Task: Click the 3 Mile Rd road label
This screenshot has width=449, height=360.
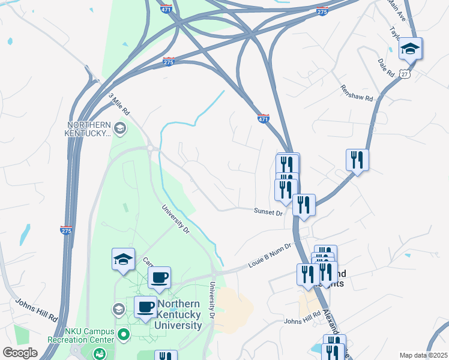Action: pyautogui.click(x=119, y=104)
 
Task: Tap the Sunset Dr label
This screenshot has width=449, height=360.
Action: pyautogui.click(x=268, y=212)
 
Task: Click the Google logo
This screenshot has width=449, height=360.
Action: pyautogui.click(x=20, y=353)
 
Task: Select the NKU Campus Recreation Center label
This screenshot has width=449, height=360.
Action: pyautogui.click(x=81, y=335)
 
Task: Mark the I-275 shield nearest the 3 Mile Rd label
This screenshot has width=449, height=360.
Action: pyautogui.click(x=168, y=62)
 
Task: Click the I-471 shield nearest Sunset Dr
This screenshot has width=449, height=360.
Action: pyautogui.click(x=263, y=118)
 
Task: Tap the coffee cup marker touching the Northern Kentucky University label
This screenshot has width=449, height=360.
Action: pyautogui.click(x=145, y=307)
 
